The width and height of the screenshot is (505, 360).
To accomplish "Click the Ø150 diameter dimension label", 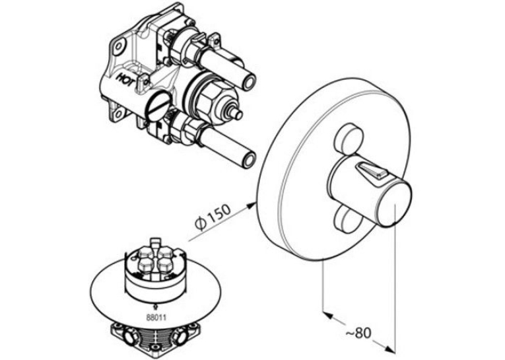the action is [213, 217].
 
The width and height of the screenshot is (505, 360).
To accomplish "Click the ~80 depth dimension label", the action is [358, 333].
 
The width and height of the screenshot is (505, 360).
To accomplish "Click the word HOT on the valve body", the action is [126, 80].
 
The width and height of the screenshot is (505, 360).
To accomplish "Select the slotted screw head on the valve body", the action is [158, 108].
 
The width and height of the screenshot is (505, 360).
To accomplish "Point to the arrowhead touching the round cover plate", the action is [252, 205].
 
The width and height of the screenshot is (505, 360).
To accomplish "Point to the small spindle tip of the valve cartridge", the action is [237, 114].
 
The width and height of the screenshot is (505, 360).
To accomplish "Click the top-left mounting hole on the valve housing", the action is [119, 46].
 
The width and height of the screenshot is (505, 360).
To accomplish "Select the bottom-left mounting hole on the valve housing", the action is [118, 113].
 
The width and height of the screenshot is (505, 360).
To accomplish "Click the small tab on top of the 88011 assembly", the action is [156, 240].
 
